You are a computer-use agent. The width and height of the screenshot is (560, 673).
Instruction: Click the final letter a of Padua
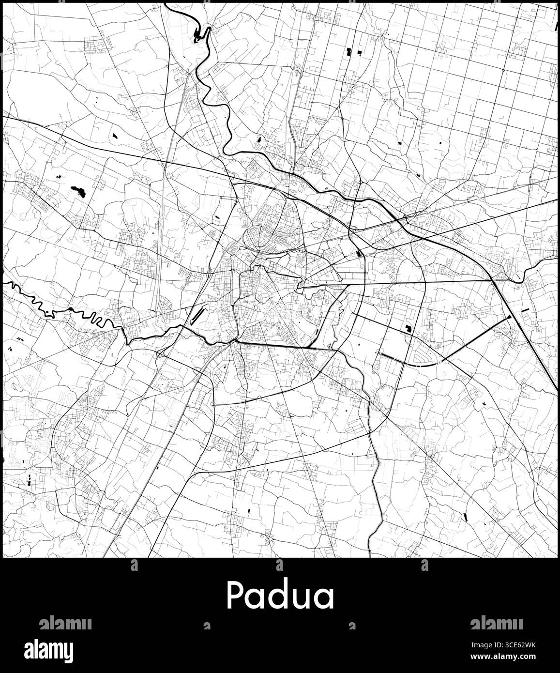point(323,597)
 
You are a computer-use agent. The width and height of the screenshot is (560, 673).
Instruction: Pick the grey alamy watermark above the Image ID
point(496,623)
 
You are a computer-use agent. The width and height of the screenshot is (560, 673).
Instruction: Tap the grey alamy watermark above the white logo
point(65,623)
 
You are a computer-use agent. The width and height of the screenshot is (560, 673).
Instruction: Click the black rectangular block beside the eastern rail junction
point(358,254)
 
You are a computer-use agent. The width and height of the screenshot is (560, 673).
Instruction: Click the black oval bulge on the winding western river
point(71,309)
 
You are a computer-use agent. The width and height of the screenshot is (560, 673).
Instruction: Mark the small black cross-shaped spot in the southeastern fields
point(484,404)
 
